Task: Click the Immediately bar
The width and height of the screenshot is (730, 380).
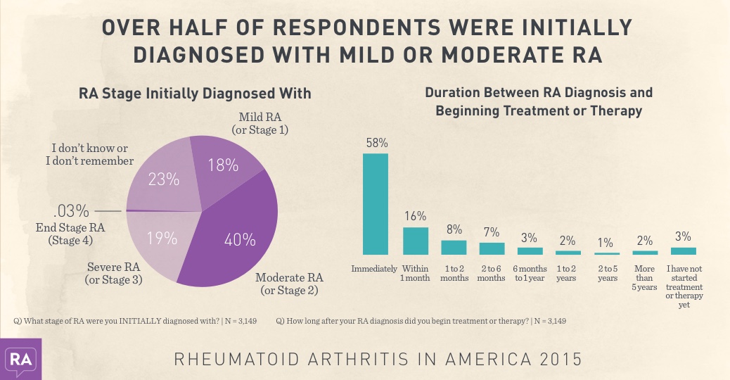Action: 375,204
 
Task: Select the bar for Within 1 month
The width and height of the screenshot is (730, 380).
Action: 415,240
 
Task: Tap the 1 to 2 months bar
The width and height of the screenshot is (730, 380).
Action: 454,247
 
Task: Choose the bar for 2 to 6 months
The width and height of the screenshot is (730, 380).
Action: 492,248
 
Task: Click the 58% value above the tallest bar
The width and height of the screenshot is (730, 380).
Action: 376,143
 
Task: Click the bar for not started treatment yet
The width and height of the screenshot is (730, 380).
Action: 684,251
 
